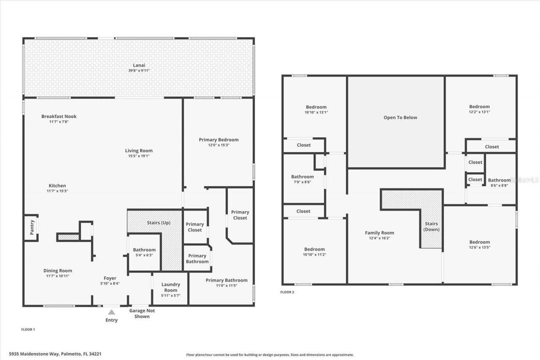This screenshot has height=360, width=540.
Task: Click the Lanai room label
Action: tap(139, 65)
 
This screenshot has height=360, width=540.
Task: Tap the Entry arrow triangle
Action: tap(111, 312)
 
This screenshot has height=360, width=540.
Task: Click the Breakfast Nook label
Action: tap(59, 116)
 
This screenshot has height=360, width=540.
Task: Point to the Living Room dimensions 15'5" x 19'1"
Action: tap(139, 156)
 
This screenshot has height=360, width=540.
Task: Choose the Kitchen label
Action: tap(57, 186)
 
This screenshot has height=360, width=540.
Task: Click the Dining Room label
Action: tap(57, 271)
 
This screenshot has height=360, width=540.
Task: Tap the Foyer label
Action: tap(110, 278)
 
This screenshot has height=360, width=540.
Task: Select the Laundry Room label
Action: tap(171, 287)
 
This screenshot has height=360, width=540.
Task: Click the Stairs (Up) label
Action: tap(159, 222)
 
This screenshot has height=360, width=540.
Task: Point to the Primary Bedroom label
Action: tap(219, 140)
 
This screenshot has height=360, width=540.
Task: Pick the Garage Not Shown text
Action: tap(142, 314)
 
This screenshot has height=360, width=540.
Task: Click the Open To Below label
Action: tap(400, 118)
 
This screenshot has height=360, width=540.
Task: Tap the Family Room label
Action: tap(379, 233)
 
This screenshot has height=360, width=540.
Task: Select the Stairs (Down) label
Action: tap(431, 227)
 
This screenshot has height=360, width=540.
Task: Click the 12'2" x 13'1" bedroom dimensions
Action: tap(480, 112)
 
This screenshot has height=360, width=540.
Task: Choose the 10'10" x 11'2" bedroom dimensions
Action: tap(314, 255)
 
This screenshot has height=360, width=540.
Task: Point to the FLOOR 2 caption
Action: tap(287, 292)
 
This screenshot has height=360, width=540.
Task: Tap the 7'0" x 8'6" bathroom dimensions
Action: tap(302, 182)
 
